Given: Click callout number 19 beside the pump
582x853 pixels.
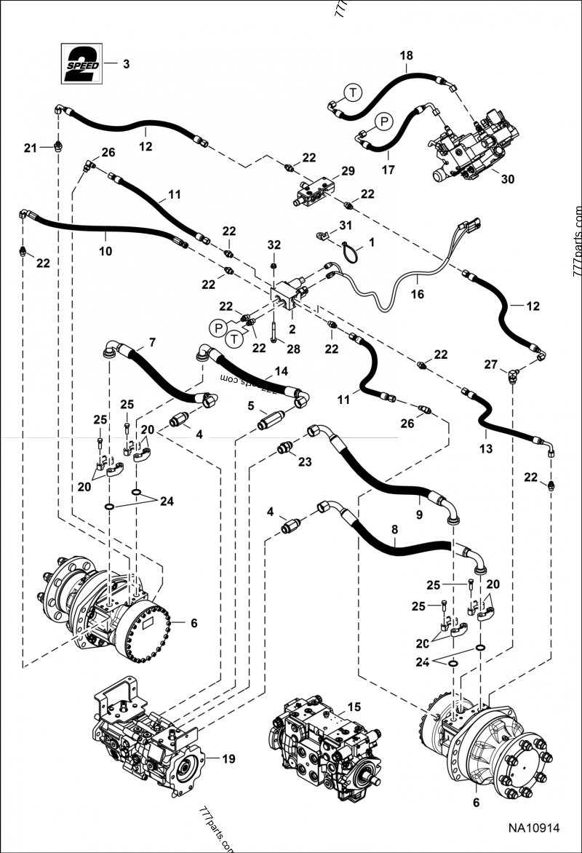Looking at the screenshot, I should (228, 759).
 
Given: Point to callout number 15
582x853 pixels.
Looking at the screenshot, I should (354, 707).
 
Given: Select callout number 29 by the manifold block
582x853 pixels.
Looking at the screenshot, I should (348, 171).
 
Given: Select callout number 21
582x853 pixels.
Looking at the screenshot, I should (30, 148).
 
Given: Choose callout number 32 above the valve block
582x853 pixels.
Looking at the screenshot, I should (274, 243).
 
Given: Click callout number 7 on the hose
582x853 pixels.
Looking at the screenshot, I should (152, 341).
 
